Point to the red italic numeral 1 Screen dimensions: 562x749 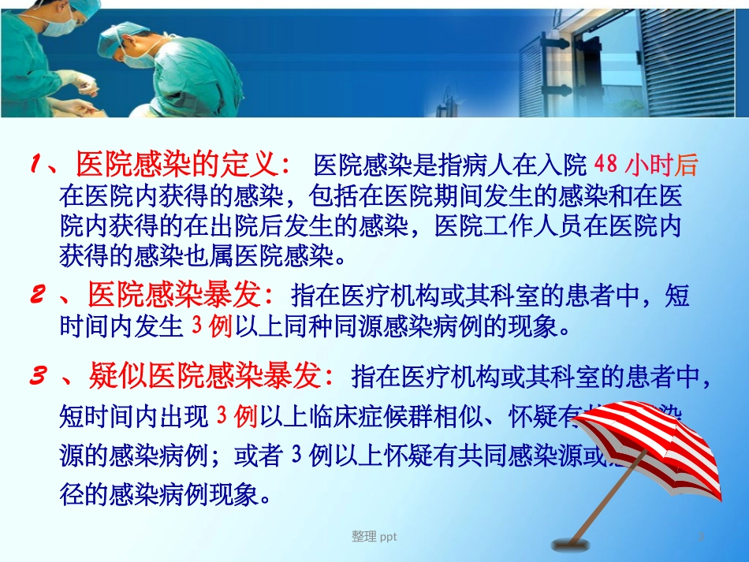36,166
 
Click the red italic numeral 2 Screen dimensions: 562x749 36,296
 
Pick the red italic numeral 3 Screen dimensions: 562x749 36,378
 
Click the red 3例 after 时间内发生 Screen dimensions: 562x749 212,325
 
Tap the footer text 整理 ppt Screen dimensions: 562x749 374,537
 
